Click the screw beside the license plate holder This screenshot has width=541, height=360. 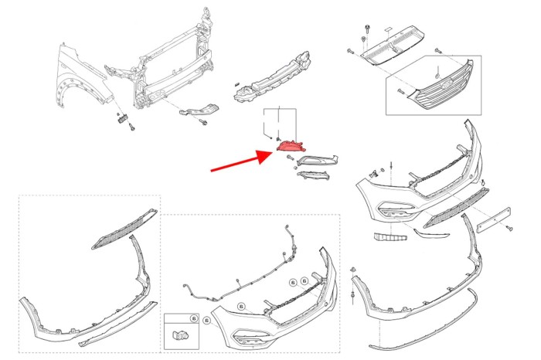click(509, 229)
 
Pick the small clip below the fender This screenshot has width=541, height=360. click(121, 118)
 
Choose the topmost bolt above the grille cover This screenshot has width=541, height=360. click(362, 17)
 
